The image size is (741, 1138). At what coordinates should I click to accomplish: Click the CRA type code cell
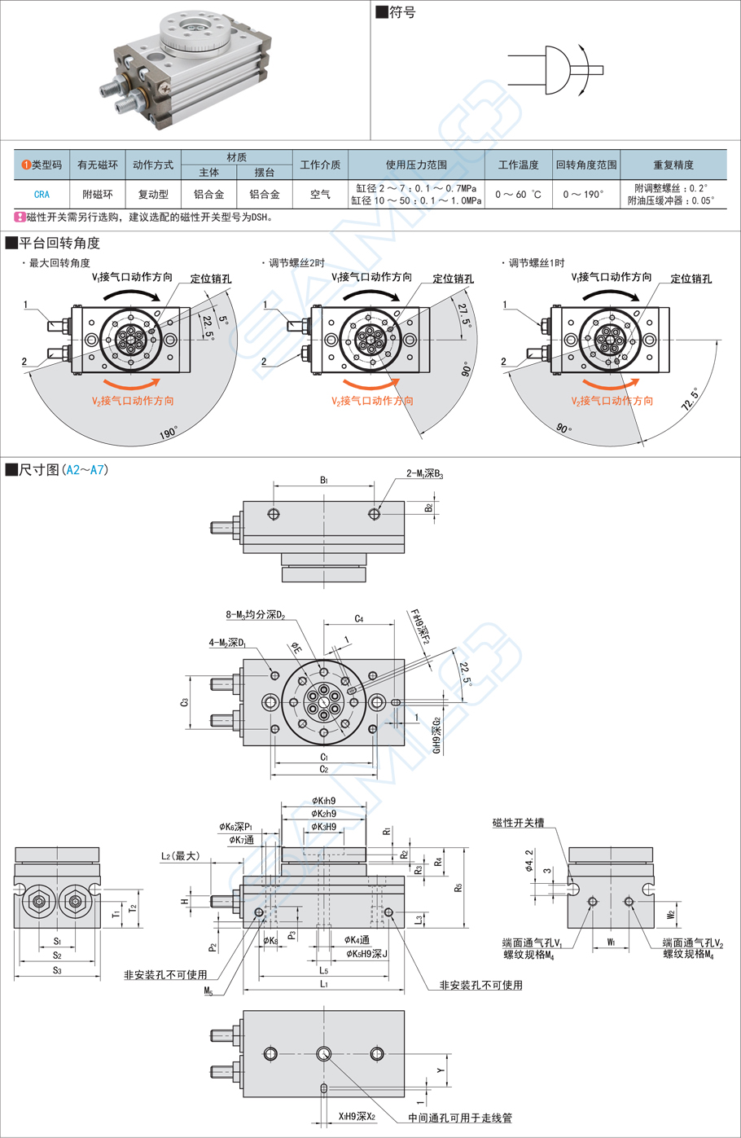coord(42,195)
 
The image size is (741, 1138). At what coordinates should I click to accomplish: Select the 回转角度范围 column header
coord(586,165)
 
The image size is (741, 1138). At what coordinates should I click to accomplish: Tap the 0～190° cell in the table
coord(584,195)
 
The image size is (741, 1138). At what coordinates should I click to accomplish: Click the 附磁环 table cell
coord(97,195)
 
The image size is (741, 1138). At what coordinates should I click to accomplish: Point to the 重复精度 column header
coord(673,165)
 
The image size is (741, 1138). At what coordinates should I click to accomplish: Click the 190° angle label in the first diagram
coord(169,433)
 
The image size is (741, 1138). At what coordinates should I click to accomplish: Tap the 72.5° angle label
coord(691,399)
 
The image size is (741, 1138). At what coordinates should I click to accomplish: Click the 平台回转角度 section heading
coord(59,243)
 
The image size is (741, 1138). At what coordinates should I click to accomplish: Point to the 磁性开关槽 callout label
coord(518,823)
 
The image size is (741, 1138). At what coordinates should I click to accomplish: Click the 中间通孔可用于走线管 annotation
coord(460,1118)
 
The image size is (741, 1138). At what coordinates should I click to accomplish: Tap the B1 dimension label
coord(324,480)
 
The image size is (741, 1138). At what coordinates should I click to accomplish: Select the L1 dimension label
coord(324,984)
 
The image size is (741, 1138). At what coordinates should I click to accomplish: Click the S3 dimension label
coord(57,970)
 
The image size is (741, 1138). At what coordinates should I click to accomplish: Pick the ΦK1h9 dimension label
coord(323,801)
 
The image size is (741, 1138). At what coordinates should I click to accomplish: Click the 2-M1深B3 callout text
coord(424,473)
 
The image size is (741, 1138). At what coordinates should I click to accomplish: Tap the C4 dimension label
coord(359,619)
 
